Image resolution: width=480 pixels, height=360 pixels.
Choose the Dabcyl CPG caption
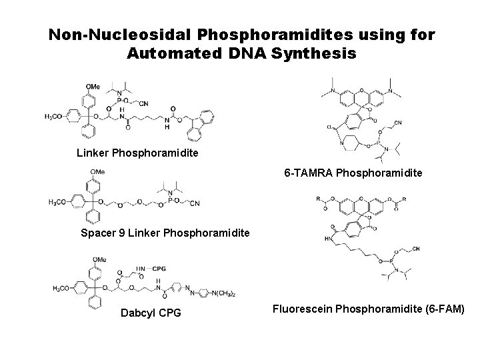pos(151,312)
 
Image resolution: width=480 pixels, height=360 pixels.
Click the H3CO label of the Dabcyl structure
pos(63,289)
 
